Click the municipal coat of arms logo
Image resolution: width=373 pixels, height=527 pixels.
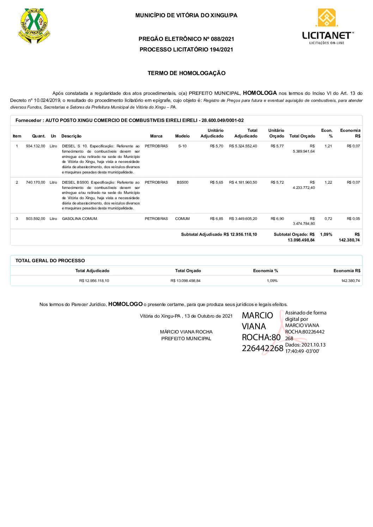click(34, 25)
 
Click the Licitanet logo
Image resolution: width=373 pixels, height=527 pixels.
click(327, 27)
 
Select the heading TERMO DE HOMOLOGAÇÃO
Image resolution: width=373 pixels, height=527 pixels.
click(186, 73)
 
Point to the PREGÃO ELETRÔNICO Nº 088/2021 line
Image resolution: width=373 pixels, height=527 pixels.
click(186, 39)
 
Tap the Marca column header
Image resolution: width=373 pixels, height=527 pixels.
click(156, 136)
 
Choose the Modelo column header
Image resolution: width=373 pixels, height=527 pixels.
click(182, 136)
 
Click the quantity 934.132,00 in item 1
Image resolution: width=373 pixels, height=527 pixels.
click(35, 146)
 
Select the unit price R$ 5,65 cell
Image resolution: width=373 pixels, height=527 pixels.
click(216, 182)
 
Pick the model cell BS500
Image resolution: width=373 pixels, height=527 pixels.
click(182, 182)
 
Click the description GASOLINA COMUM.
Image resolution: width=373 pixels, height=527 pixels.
click(80, 219)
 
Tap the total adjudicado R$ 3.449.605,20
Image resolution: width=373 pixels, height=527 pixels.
click(243, 219)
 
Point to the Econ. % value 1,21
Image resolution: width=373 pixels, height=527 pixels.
click(328, 146)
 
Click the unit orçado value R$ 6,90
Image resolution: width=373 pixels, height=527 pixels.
click(277, 219)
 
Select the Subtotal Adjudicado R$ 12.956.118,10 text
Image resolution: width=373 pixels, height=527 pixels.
click(219, 234)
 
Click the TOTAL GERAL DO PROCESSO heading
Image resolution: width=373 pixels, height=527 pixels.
click(50, 261)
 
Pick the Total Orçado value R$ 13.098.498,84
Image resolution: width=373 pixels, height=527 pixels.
click(185, 281)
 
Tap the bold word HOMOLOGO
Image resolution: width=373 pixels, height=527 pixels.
click(125, 304)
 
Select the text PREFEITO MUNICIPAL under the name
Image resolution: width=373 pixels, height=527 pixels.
click(186, 338)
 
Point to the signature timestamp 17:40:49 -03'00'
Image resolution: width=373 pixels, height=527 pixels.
click(302, 351)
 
